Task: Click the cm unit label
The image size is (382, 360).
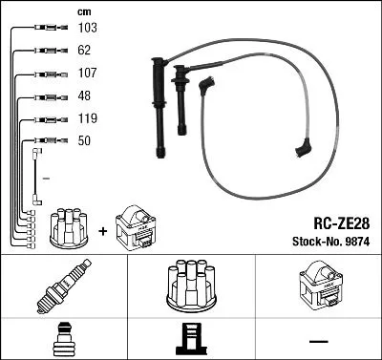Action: click(82, 11)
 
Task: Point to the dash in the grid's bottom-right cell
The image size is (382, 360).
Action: click(318, 341)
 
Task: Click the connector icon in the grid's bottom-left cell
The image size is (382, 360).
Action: click(63, 340)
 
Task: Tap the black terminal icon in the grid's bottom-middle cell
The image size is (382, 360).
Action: click(191, 340)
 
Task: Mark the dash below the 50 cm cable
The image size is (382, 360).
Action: click(45, 179)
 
